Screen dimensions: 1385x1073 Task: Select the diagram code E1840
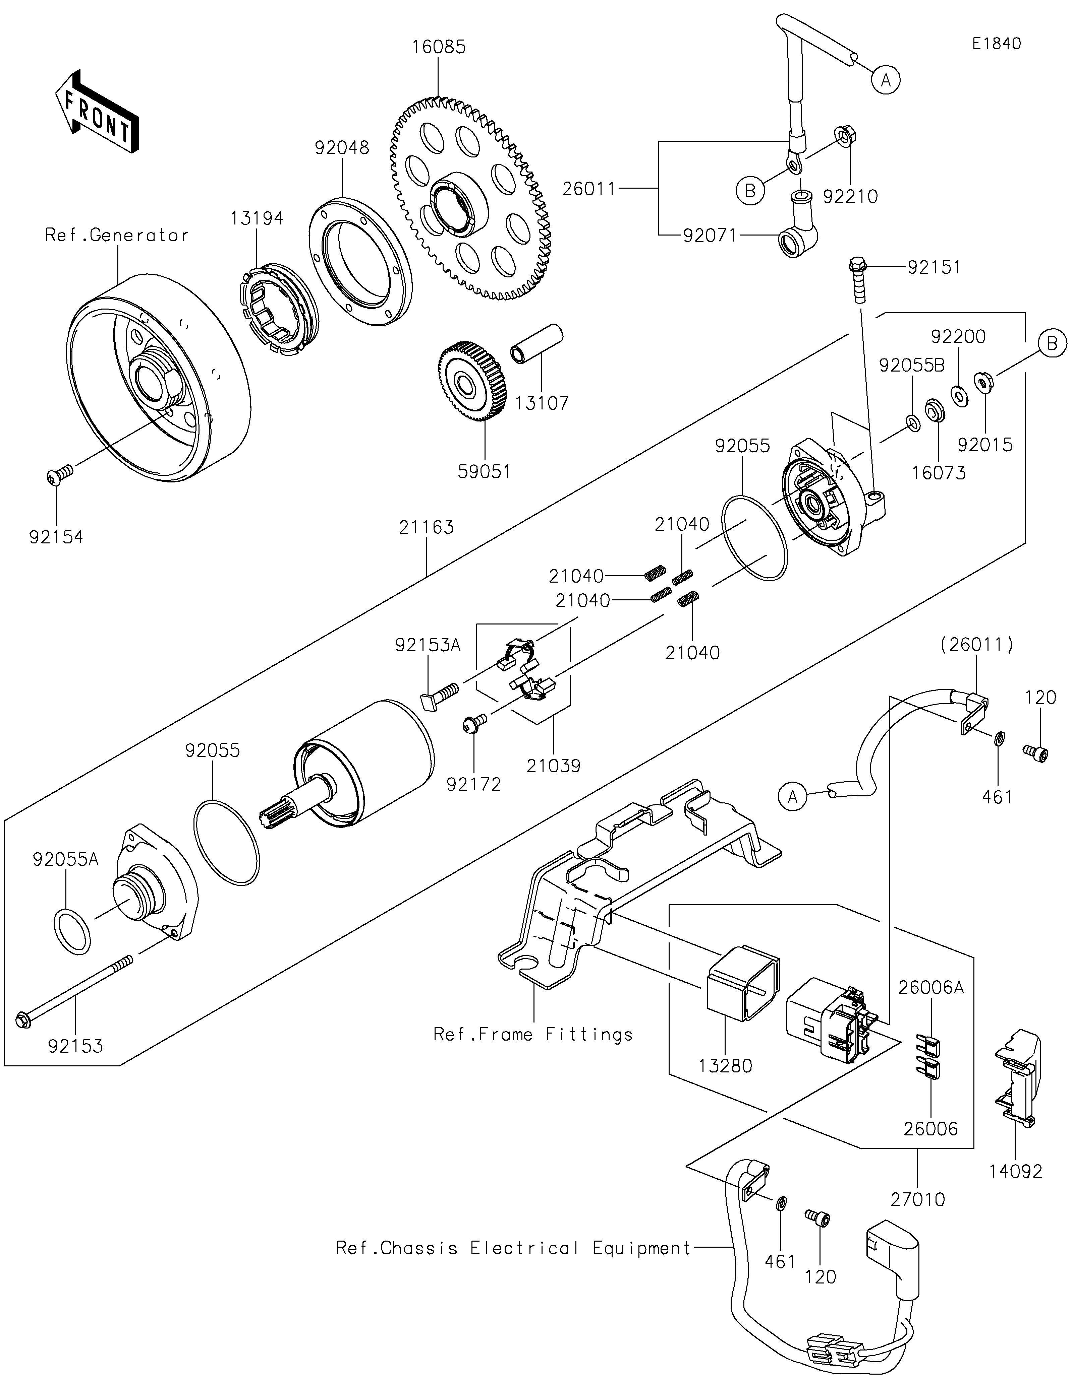pyautogui.click(x=996, y=44)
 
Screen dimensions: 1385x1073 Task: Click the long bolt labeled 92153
pyautogui.click(x=75, y=997)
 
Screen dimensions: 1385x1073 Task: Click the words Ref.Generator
pyautogui.click(x=117, y=235)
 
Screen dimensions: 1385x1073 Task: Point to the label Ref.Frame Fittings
pyautogui.click(x=533, y=1034)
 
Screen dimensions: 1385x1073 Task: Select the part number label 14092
pyautogui.click(x=1015, y=1171)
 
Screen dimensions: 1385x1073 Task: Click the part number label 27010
pyautogui.click(x=917, y=1199)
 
